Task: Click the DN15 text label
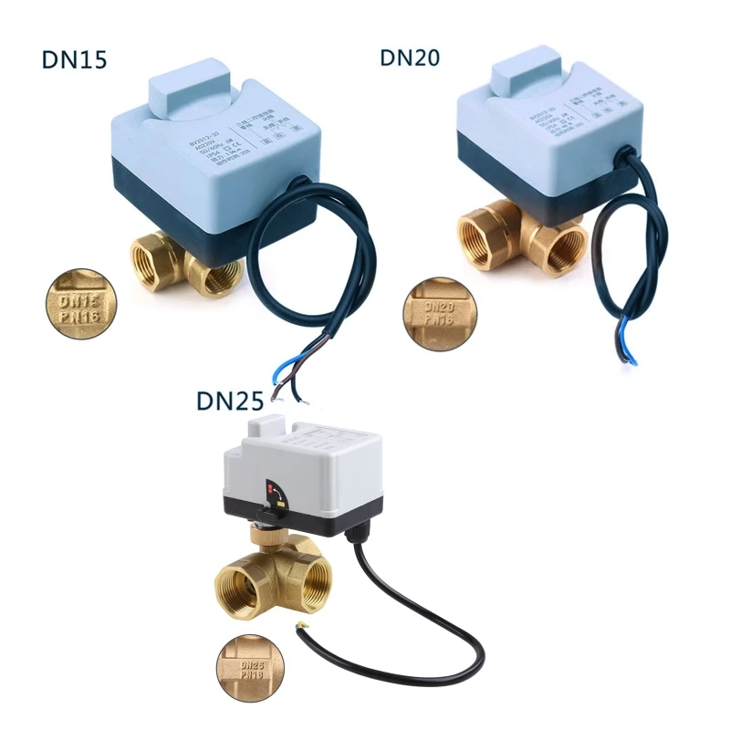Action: coord(75,59)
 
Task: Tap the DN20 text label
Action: coord(410,57)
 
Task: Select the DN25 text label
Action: coord(230,401)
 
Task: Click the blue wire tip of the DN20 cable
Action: coord(629,350)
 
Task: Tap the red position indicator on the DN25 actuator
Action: coord(270,490)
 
